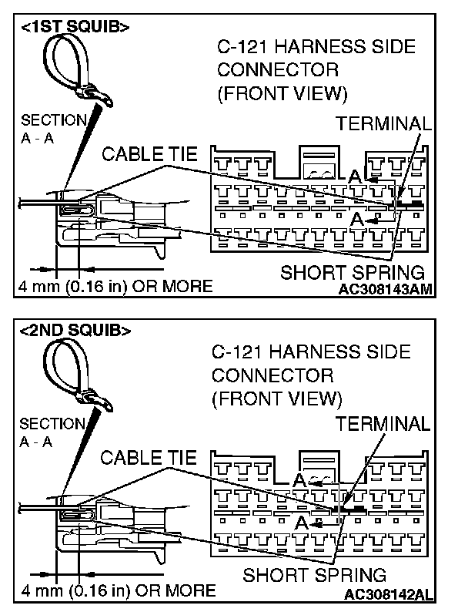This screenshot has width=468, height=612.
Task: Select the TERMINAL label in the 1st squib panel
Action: coord(383,125)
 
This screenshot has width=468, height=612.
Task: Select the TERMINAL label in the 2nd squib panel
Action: coord(382,423)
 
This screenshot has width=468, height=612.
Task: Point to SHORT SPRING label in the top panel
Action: coord(353,271)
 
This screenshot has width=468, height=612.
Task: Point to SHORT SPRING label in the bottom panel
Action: coord(314,575)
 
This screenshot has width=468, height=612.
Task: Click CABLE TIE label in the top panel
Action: coord(145,155)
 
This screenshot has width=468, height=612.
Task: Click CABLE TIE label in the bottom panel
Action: coord(143,458)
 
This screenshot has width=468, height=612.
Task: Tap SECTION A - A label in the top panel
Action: coord(52,130)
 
